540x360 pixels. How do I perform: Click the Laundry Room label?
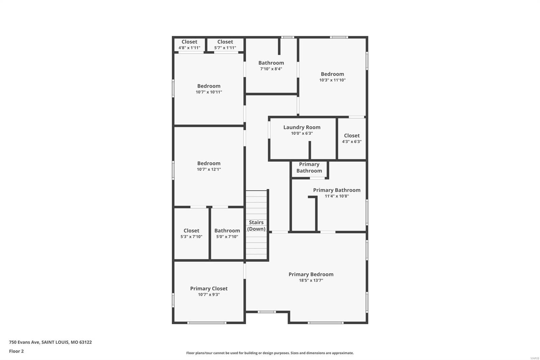tap(302, 127)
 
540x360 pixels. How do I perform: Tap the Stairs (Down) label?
tap(256, 226)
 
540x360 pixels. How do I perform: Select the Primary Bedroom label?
tap(311, 274)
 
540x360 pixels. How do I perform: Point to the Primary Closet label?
tap(209, 288)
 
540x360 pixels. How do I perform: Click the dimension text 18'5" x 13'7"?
tap(311, 280)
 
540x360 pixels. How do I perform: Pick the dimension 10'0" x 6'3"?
tap(302, 133)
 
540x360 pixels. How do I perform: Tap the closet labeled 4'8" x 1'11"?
tap(189, 45)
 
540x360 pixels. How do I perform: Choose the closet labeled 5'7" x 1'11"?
tap(225, 45)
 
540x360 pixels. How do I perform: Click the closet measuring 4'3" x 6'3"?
tap(352, 138)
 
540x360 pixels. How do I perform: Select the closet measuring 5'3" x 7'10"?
tap(191, 233)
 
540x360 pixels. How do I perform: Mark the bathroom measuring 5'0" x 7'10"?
tap(227, 233)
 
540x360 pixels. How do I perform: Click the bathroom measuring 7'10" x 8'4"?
tap(271, 66)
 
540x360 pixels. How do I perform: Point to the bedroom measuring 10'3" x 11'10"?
tap(332, 77)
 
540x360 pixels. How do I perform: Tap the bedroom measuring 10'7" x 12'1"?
tap(209, 166)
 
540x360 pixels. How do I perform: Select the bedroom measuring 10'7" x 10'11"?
tap(209, 89)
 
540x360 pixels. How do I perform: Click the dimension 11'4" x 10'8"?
tap(336, 196)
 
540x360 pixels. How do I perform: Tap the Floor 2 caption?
tap(16, 351)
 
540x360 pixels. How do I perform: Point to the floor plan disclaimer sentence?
tap(270, 353)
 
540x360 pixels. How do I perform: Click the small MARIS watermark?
tap(535, 358)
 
